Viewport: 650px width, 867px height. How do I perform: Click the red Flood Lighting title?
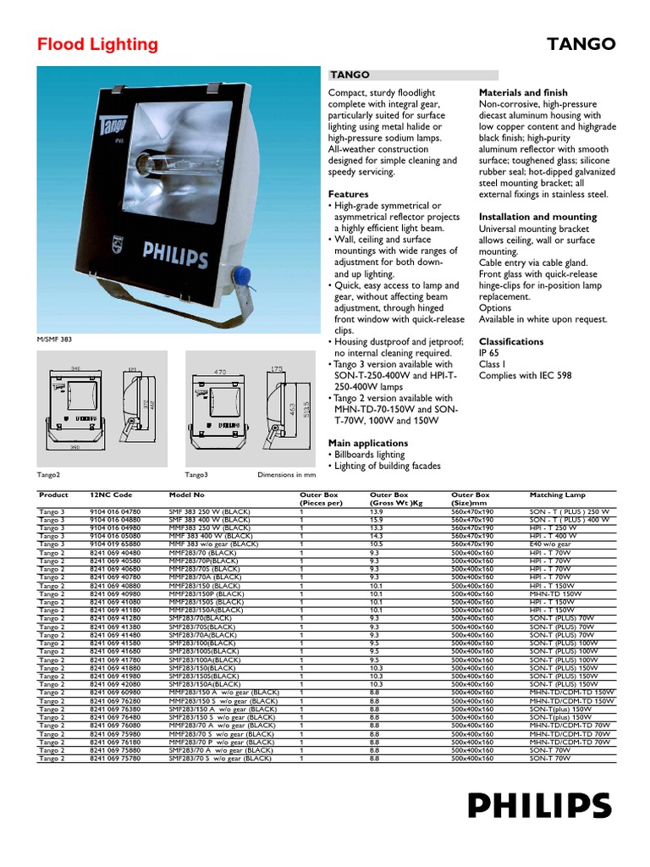point(97,45)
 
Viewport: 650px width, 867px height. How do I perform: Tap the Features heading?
point(348,194)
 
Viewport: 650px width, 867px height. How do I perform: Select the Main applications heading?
point(367,443)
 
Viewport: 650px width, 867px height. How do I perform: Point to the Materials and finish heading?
point(522,92)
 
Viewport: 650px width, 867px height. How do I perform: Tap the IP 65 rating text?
point(490,353)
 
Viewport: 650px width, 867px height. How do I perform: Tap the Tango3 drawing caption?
point(196,475)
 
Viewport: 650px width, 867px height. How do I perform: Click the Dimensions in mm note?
point(287,475)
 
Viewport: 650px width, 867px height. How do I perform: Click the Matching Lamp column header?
point(557,494)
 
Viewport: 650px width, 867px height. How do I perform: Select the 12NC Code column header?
point(111,494)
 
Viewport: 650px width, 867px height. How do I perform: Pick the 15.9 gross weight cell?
point(377,520)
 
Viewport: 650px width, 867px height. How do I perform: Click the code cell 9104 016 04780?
point(115,511)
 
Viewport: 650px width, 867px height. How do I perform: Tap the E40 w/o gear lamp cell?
point(553,544)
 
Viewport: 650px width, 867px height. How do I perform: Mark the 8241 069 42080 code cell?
point(115,684)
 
